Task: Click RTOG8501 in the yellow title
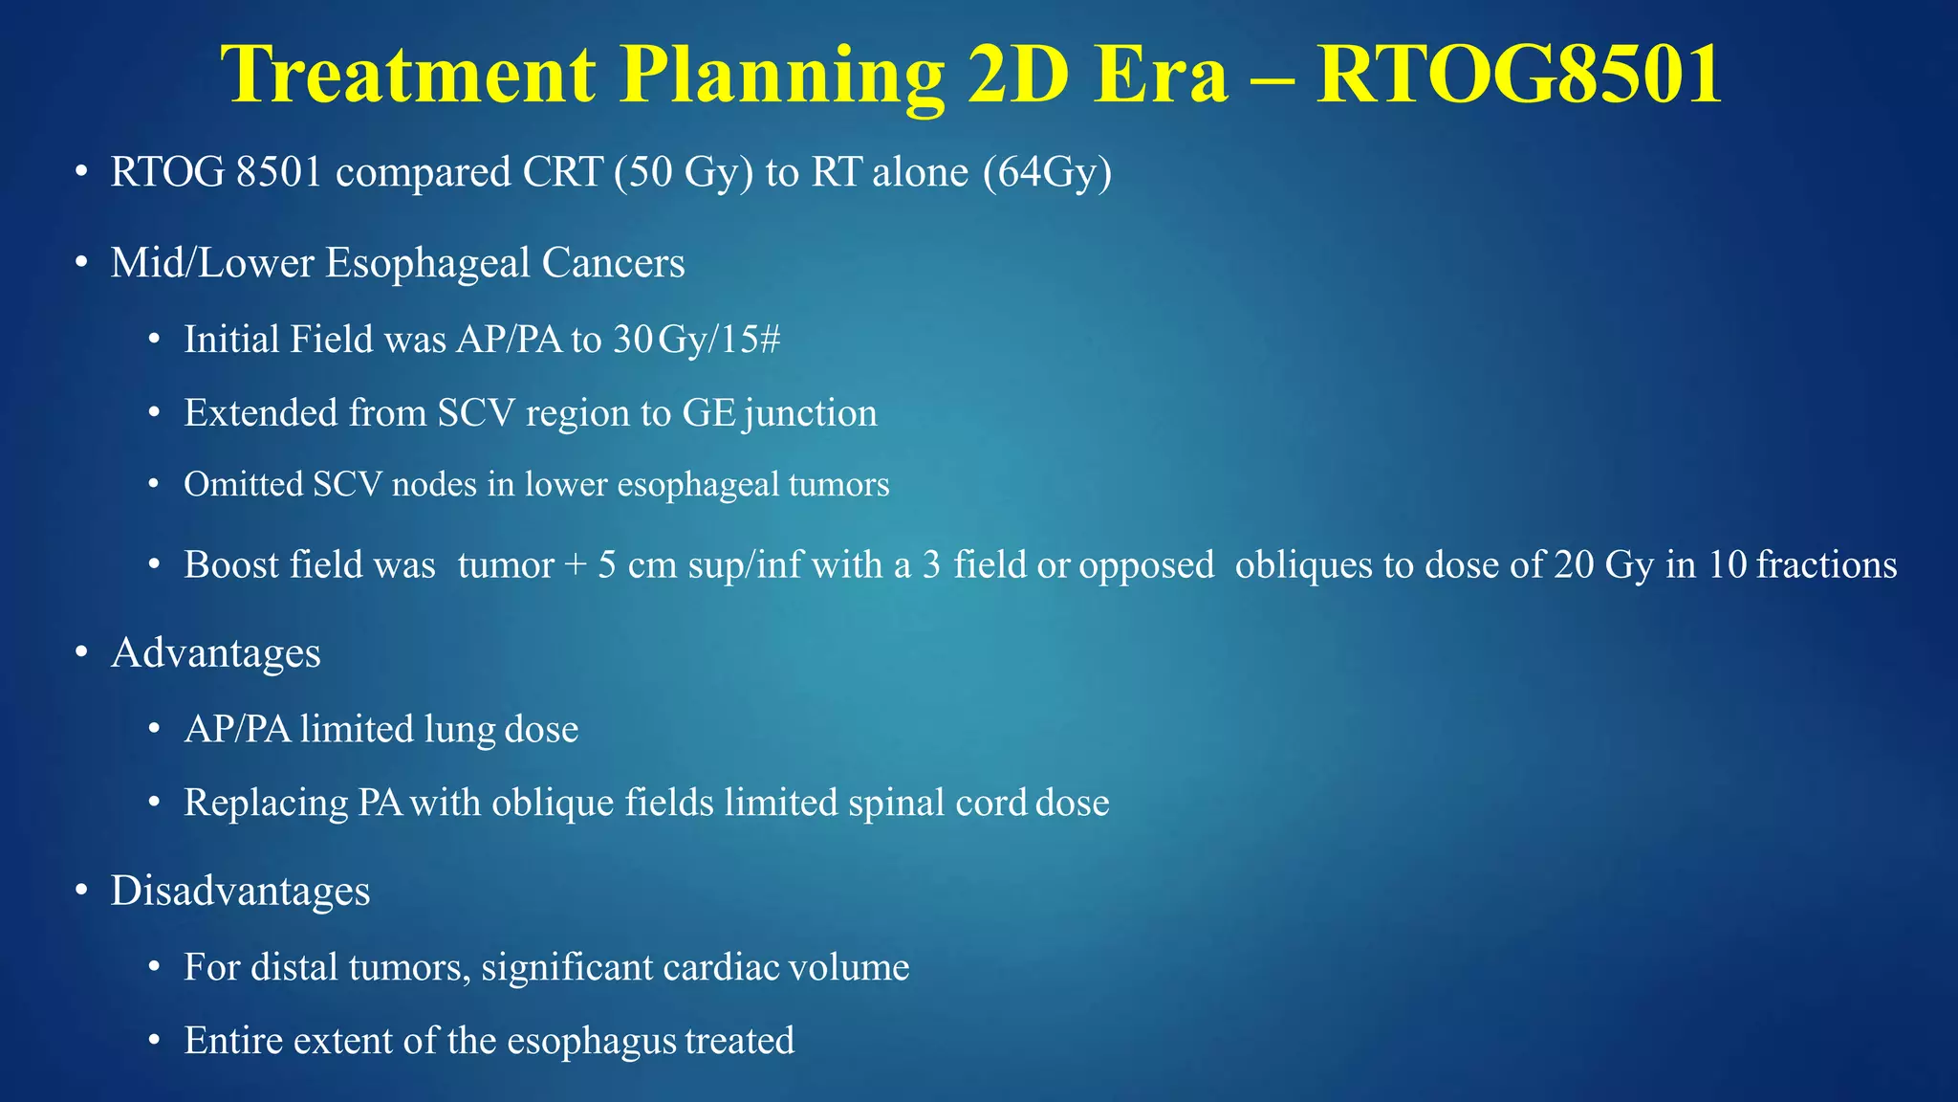click(1519, 75)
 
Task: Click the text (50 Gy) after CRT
click(684, 172)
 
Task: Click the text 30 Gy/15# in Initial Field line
click(697, 340)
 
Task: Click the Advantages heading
click(215, 653)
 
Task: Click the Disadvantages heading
click(240, 891)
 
